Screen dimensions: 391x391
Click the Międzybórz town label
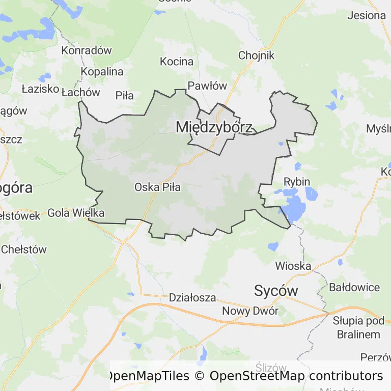point(214,128)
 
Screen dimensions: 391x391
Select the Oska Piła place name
point(157,187)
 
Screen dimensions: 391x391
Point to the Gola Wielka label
point(76,213)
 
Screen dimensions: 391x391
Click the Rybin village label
point(297,182)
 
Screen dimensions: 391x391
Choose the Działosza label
point(192,297)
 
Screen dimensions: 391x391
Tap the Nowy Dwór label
point(250,311)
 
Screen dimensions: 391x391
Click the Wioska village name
point(293,266)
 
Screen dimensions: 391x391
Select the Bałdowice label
point(354,287)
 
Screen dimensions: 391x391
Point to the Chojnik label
point(257,55)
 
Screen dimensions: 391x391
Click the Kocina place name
point(177,62)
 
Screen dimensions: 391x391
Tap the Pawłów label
point(207,86)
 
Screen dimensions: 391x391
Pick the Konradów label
point(86,50)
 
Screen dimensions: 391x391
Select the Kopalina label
point(102,71)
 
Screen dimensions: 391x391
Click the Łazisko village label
point(40,89)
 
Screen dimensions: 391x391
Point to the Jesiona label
point(367,15)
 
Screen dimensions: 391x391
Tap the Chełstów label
point(24,249)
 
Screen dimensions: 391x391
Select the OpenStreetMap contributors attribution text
point(296,376)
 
